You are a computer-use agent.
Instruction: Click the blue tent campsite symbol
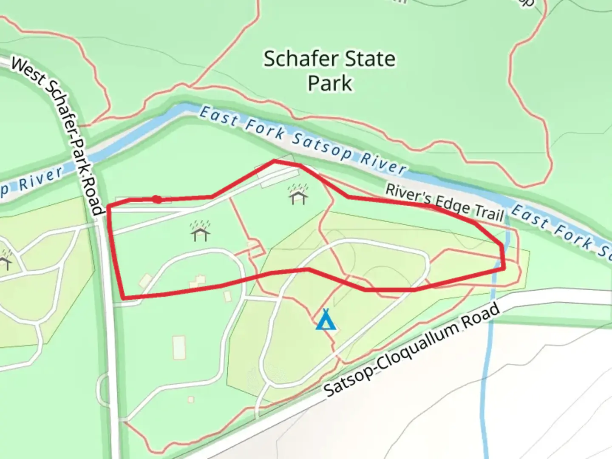point(326,320)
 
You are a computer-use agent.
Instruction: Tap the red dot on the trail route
point(157,199)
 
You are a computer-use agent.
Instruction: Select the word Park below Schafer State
point(330,83)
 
